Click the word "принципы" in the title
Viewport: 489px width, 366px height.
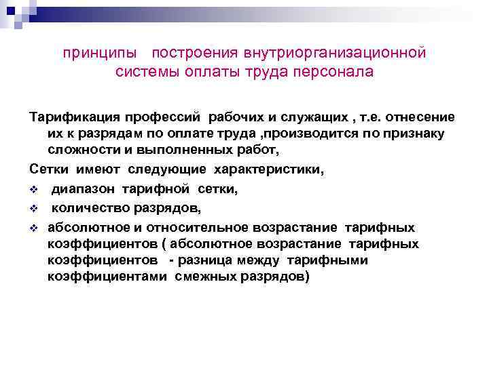point(103,53)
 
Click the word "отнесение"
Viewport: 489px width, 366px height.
point(414,117)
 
